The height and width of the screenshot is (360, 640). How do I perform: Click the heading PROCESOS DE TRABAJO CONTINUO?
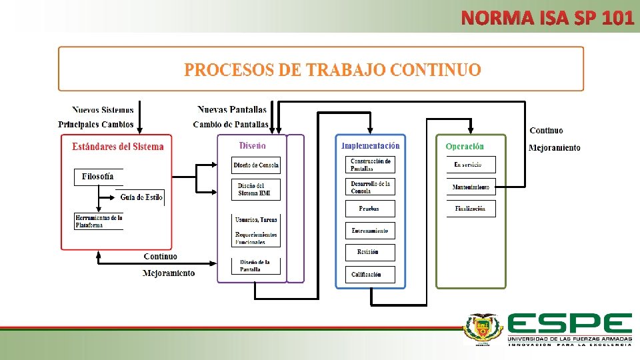point(332,70)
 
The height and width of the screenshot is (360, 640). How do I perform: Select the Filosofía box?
point(98,177)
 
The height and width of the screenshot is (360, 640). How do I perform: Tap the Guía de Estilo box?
point(141,197)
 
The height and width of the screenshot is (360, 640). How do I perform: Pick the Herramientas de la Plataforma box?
point(99,221)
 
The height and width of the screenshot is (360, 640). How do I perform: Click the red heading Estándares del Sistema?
point(117,147)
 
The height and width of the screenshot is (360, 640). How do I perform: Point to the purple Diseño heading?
point(252,145)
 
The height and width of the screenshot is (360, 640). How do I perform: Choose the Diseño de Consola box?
point(256,165)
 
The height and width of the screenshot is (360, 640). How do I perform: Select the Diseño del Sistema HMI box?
point(256,189)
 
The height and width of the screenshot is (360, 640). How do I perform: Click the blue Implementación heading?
point(370,146)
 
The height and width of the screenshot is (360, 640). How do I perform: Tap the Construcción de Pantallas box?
point(371,165)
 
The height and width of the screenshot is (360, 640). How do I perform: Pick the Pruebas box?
point(371,209)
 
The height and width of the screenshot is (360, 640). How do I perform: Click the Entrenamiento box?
point(371,231)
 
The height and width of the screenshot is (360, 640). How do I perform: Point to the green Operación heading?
point(465,147)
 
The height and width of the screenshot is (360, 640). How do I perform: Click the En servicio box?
point(471,165)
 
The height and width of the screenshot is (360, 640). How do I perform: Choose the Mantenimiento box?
point(471,187)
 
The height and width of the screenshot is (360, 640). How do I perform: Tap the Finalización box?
point(471,209)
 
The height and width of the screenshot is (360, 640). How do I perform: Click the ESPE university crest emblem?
point(483,330)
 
